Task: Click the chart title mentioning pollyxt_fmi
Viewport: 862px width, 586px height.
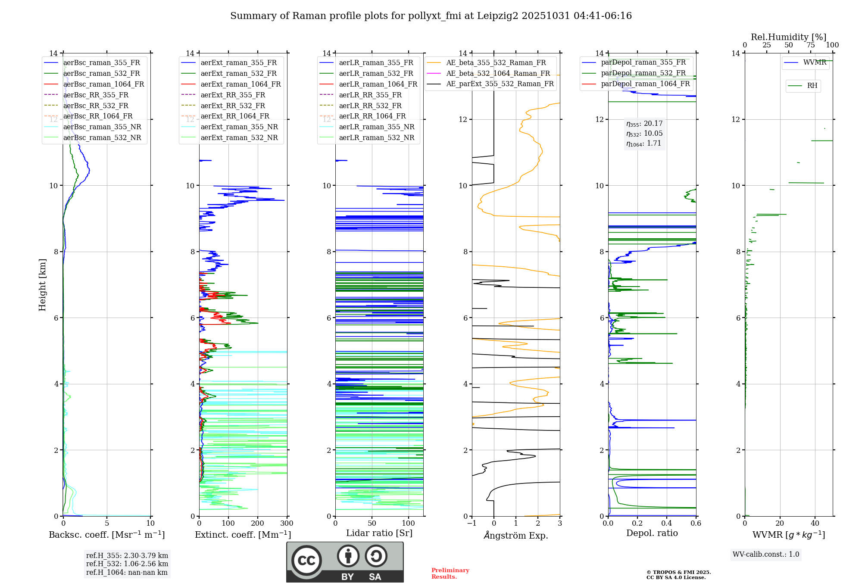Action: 431,16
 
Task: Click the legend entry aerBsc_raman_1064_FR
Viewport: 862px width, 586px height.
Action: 103,84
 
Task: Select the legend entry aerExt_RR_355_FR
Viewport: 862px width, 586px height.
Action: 233,95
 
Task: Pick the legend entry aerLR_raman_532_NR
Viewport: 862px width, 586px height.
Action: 376,137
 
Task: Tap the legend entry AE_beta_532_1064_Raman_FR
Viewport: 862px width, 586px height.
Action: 498,73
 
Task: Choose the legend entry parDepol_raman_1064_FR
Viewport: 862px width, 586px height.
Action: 645,84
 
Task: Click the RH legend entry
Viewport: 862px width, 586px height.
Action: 812,86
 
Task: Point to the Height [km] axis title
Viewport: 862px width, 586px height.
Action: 42,284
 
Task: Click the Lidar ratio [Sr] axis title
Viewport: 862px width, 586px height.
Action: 379,533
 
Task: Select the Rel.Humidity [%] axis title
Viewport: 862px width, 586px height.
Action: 788,37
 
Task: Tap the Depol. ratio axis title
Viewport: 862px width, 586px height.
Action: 652,533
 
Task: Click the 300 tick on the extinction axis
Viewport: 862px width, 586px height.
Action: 287,523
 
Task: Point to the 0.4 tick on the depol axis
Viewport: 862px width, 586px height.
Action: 666,523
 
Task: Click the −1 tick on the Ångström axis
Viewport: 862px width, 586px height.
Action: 472,523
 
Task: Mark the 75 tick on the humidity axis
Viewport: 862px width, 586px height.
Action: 810,45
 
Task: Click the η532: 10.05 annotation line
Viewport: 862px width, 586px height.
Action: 644,134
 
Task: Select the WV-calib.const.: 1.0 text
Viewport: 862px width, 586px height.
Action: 766,555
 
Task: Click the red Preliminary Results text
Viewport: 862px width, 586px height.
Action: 450,573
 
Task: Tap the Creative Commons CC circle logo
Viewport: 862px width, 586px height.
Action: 306,560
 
